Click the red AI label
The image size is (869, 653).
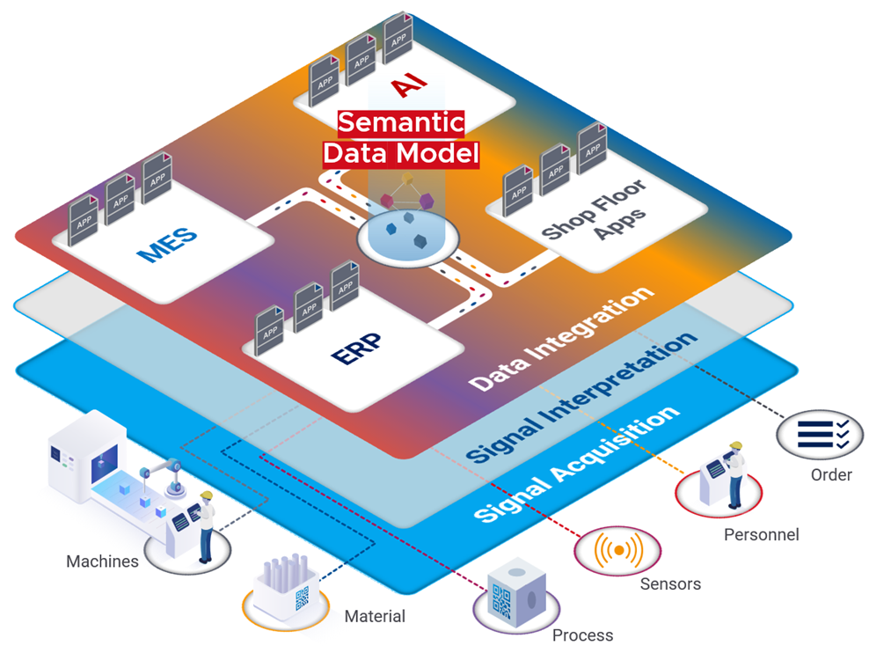409,85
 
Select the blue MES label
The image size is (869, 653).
167,244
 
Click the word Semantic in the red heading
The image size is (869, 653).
401,123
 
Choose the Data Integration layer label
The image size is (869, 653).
562,338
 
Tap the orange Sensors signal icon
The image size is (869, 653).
617,550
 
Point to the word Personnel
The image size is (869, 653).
761,534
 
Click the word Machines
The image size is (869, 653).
102,561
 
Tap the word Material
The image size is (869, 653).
375,616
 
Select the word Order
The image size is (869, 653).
831,475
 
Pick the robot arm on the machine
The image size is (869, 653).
166,475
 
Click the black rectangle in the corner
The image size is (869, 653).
771,29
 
